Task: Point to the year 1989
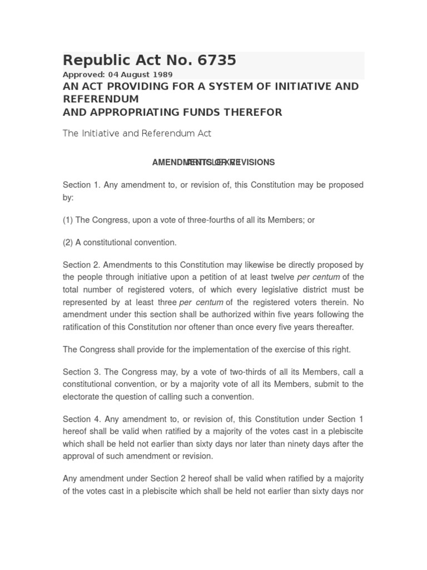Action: (x=163, y=75)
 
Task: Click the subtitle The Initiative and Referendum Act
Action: (x=137, y=134)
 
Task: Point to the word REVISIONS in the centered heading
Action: (x=254, y=163)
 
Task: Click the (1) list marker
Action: (x=68, y=220)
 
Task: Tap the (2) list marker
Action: (x=68, y=243)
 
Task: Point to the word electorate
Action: (x=82, y=397)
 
